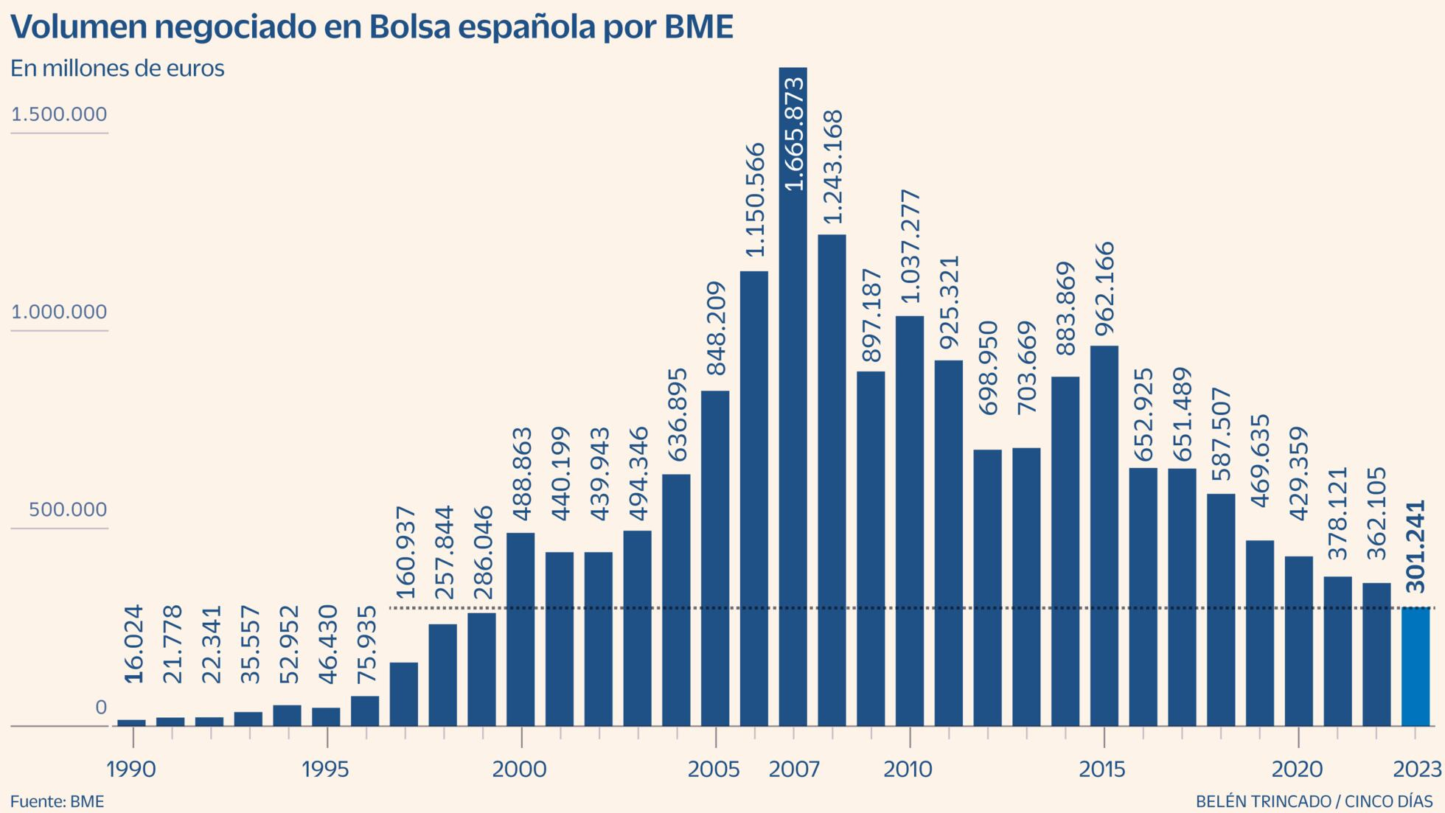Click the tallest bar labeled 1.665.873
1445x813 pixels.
pos(793,442)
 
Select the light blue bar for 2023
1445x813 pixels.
pos(1415,666)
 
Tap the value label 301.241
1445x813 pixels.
pos(1416,546)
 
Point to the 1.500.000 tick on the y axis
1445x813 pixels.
pos(59,115)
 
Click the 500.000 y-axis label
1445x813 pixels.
pos(68,510)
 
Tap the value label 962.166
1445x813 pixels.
pos(1104,288)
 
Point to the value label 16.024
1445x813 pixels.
pos(133,644)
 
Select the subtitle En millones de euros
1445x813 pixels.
pos(117,69)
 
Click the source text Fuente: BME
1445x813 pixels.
pos(57,801)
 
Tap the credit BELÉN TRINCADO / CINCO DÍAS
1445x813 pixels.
pos(1314,801)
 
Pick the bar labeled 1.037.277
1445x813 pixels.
pos(910,520)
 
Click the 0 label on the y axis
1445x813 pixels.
pos(101,708)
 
